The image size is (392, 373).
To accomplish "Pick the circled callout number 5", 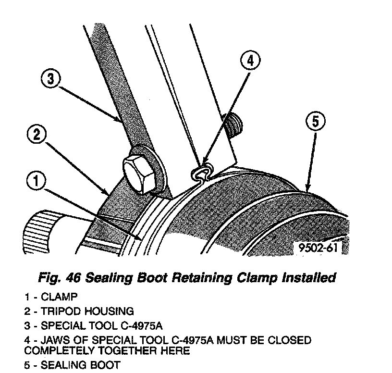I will click(315, 122).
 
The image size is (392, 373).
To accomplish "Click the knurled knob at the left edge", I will click(39, 234).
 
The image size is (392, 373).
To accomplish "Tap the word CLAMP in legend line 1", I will click(59, 297).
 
